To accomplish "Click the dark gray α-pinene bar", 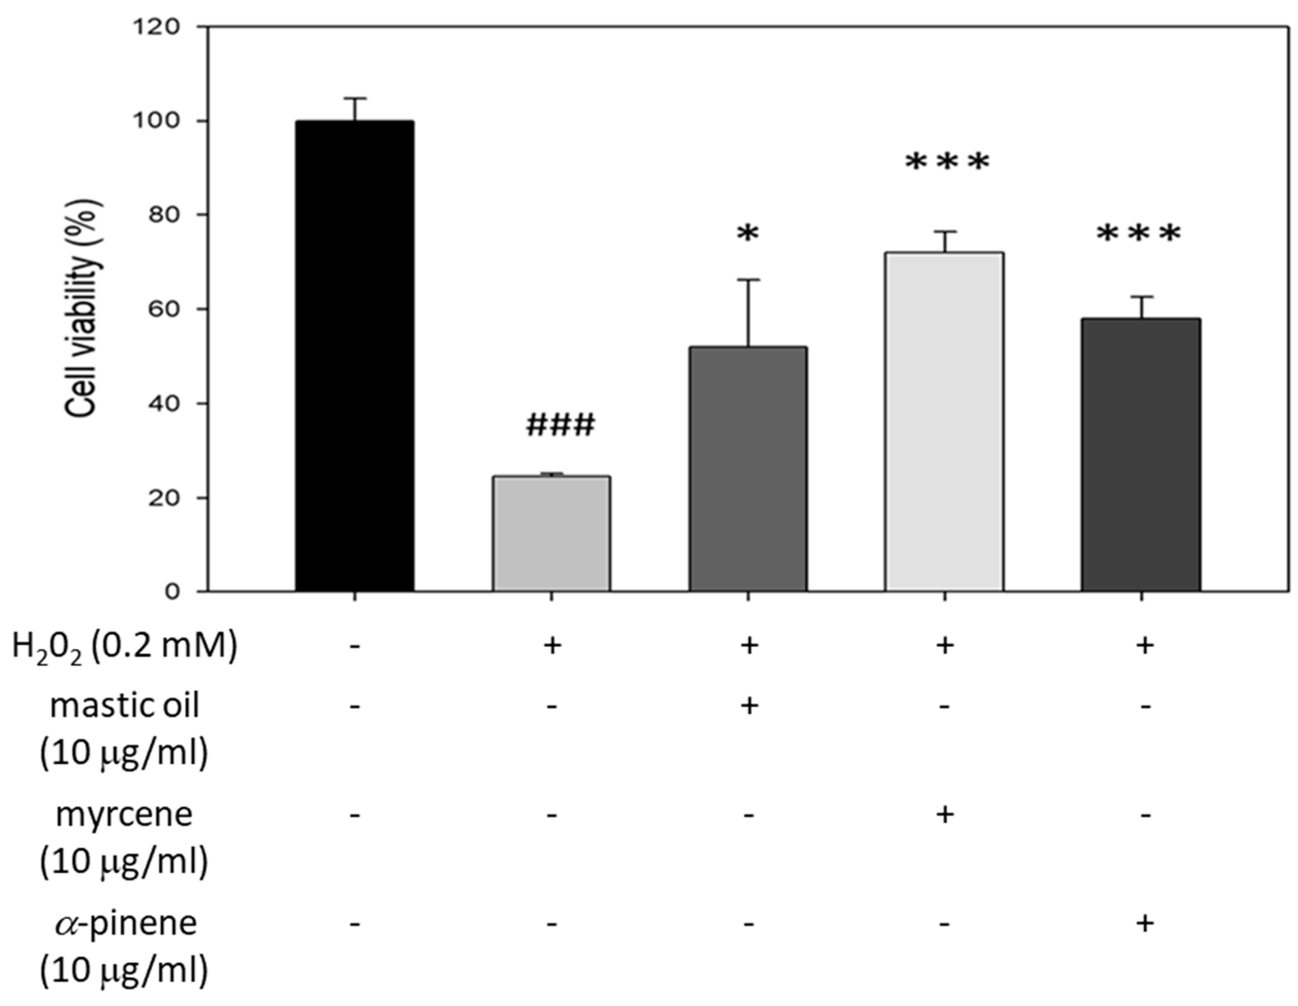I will click(1140, 455).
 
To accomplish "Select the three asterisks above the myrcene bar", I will click(947, 163).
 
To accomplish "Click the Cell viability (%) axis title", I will click(83, 309).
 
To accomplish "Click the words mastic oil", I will click(124, 706).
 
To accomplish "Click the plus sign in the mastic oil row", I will click(749, 706).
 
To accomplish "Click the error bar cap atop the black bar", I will click(355, 99).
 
